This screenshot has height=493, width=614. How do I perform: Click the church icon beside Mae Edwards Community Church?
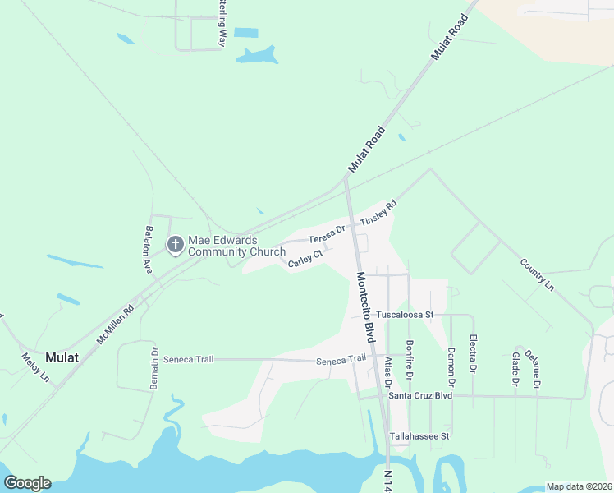coord(175,244)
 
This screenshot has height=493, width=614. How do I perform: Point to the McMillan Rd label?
coord(115,325)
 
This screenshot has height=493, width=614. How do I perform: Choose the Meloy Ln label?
coord(35,366)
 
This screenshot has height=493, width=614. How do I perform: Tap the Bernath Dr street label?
coord(154,369)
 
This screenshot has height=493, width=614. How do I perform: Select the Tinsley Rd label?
coord(378,213)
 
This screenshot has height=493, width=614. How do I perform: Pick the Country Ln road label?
coord(538,274)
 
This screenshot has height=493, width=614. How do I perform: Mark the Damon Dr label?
coord(451,366)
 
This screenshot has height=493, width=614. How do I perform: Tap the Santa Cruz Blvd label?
coord(420,395)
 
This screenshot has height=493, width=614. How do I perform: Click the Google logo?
coord(27,483)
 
